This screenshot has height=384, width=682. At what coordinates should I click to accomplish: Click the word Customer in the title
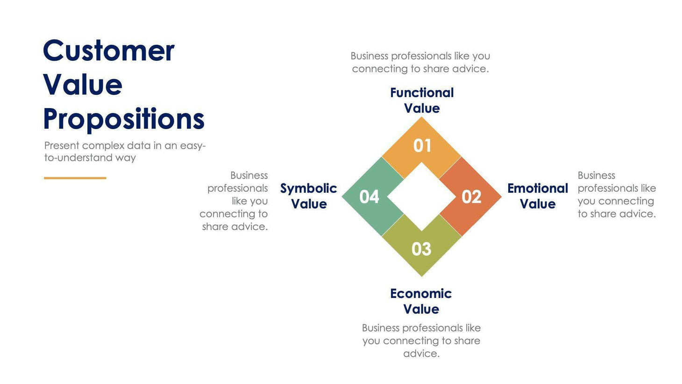point(108,51)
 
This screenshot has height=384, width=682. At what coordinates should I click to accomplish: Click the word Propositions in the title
point(124,119)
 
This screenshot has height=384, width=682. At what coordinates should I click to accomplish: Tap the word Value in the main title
point(83,85)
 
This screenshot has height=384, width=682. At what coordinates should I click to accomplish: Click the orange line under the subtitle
point(75,178)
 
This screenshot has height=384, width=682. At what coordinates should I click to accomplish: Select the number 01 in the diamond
point(422,146)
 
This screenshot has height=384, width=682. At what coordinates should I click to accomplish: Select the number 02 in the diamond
point(471,197)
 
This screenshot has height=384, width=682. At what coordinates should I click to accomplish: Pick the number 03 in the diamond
point(421,249)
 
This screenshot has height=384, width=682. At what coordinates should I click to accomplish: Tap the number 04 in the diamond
point(369,197)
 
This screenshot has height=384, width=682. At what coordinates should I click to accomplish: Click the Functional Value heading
point(422,100)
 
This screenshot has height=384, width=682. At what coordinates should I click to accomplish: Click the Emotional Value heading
point(537,196)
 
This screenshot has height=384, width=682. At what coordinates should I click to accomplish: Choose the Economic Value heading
point(421,301)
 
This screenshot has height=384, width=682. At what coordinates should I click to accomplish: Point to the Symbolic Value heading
point(308,196)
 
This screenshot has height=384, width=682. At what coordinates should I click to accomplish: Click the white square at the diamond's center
point(421,197)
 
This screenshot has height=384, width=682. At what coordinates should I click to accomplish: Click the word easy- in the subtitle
point(193,145)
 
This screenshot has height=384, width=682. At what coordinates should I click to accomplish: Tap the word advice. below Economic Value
point(421,354)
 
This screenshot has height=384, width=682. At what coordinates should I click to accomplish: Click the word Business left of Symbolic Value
point(249,175)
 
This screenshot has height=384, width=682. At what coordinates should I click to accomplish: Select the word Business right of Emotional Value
point(596,175)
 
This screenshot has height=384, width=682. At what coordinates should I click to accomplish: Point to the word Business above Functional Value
point(369,56)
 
